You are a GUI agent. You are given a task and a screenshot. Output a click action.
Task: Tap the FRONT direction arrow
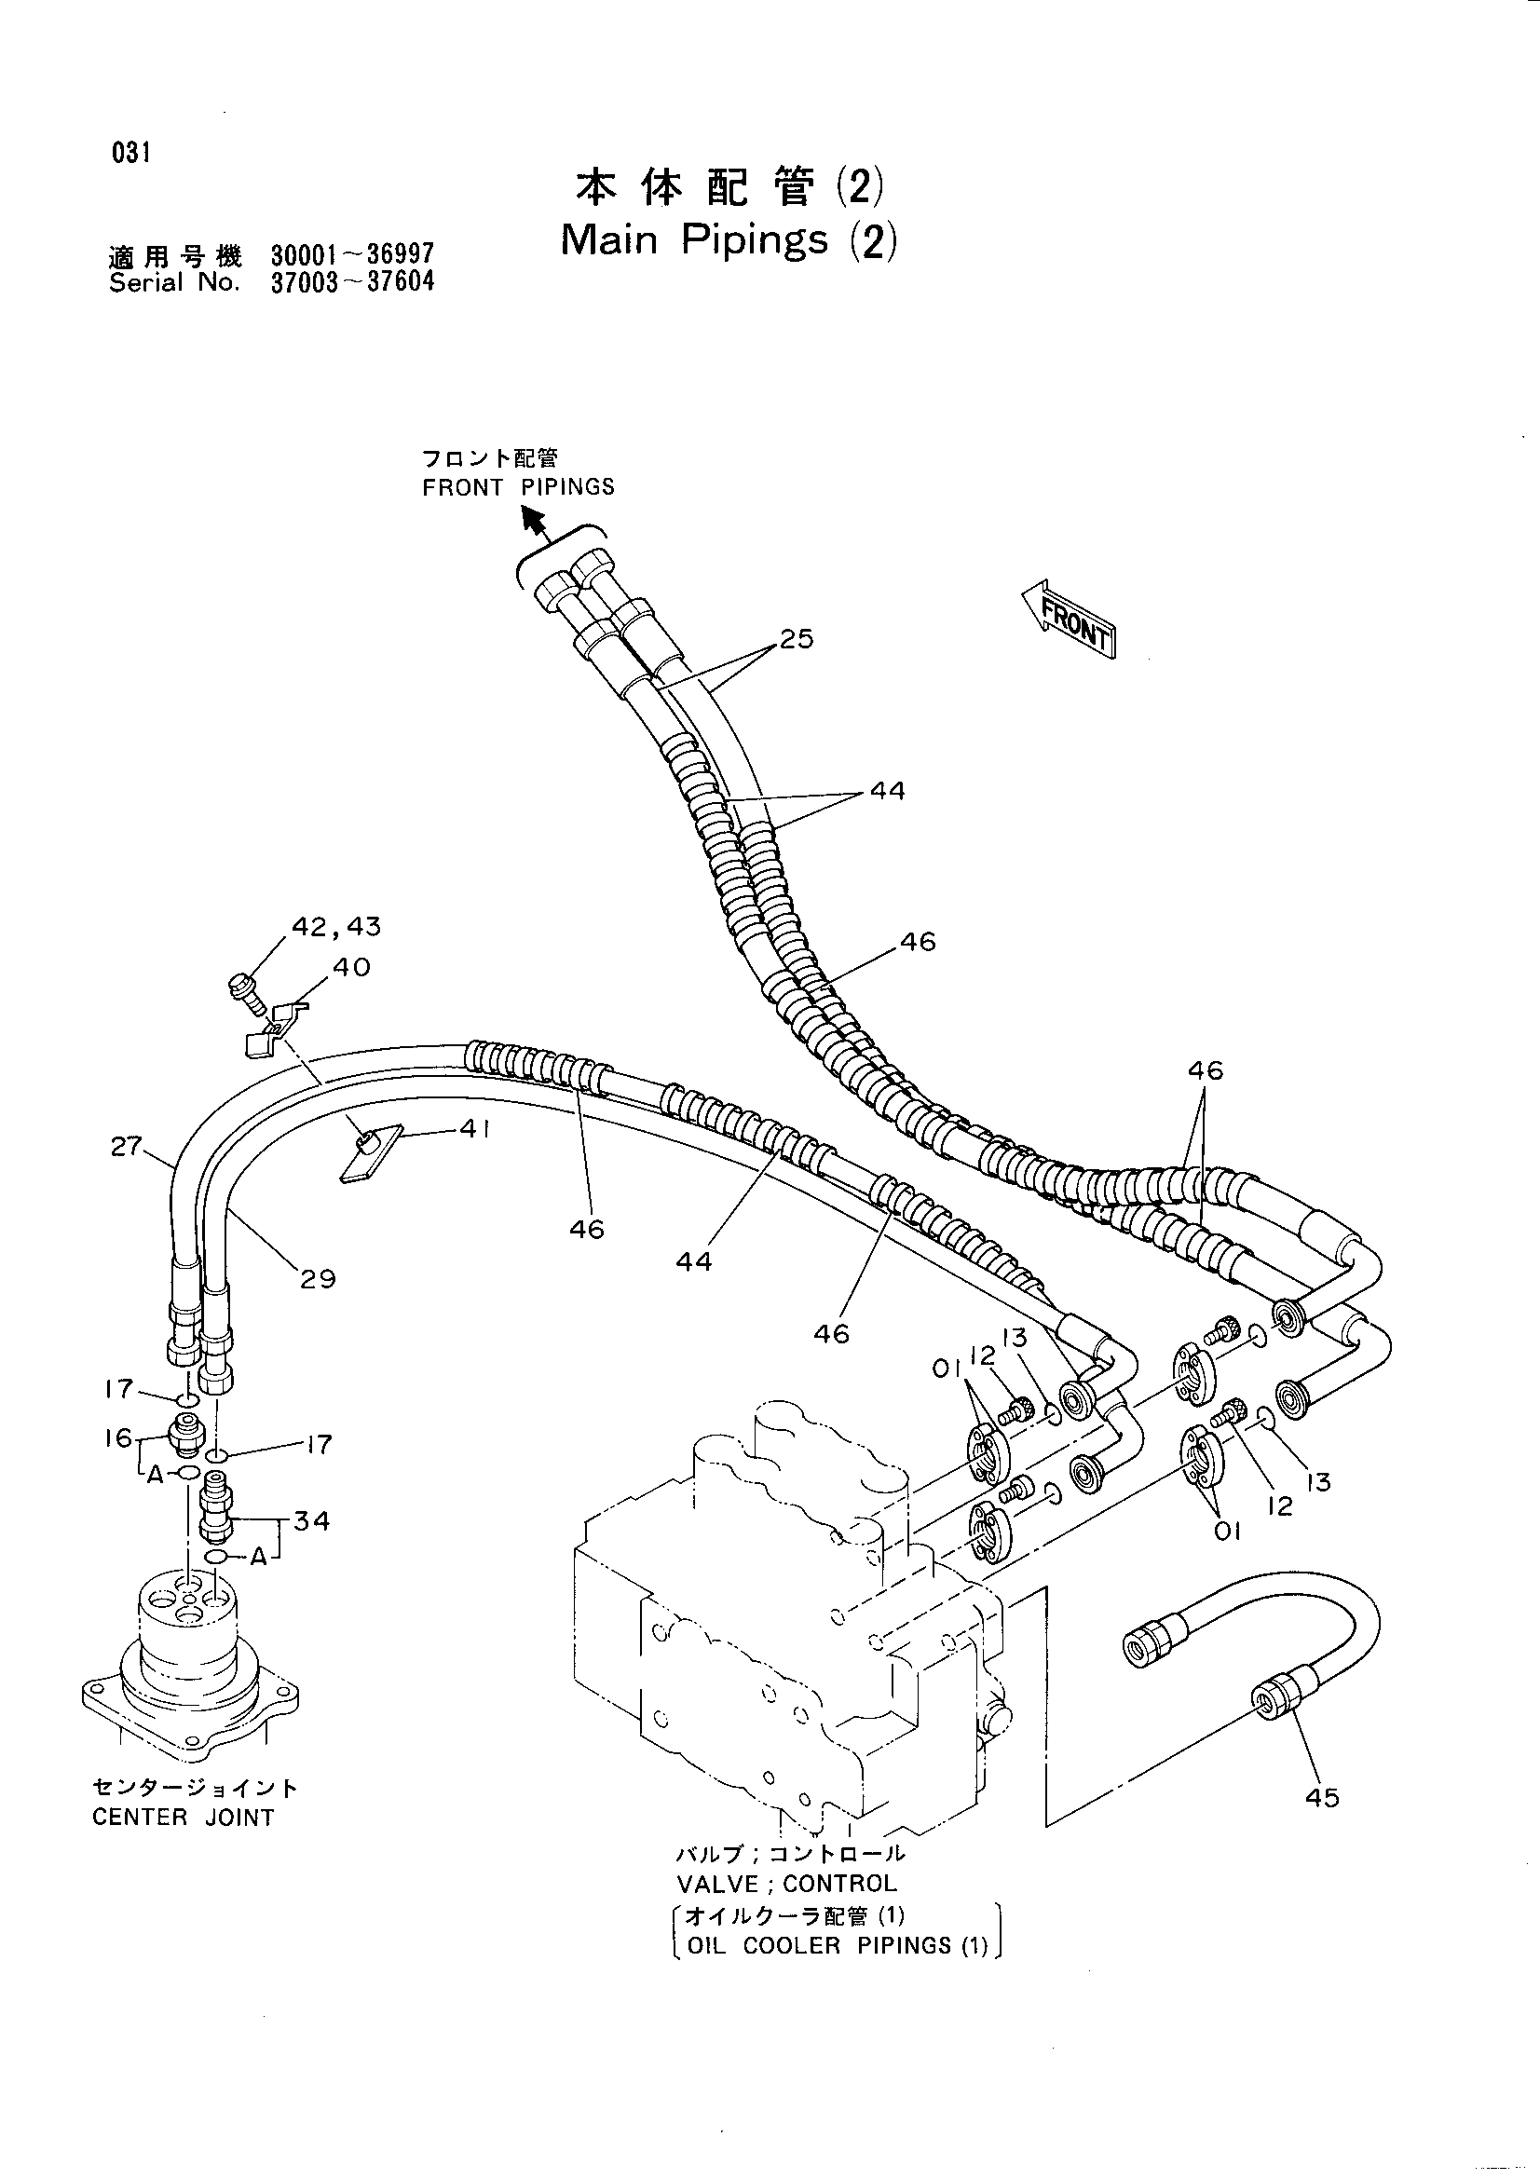click(x=1069, y=618)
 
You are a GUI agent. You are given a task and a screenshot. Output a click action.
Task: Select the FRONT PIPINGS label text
click(x=518, y=487)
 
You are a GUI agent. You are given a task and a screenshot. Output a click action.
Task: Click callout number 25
click(x=797, y=639)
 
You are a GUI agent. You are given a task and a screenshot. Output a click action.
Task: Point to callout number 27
click(x=125, y=1147)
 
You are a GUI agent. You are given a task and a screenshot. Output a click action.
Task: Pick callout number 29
click(x=318, y=1279)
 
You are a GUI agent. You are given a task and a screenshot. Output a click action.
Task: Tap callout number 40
click(x=351, y=967)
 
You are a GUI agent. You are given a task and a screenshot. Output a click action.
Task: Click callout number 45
click(x=1322, y=1796)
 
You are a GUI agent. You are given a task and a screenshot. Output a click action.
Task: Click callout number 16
click(x=119, y=1437)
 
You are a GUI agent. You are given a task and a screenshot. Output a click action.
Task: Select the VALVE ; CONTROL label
click(x=786, y=1883)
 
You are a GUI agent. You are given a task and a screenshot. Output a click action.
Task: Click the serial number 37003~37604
click(x=353, y=283)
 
